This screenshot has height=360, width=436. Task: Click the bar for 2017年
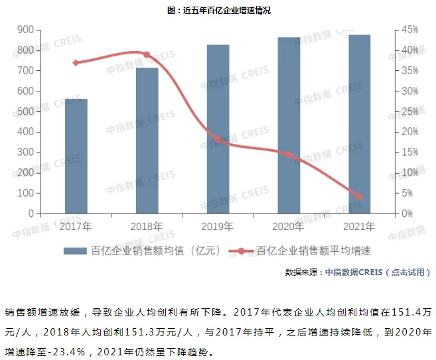click(x=76, y=156)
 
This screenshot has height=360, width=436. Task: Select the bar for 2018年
click(x=147, y=141)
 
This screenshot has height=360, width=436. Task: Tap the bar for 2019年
click(x=218, y=129)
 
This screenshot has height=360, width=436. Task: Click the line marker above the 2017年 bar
click(x=76, y=63)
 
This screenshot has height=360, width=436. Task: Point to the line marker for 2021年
click(x=360, y=196)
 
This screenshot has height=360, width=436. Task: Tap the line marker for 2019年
click(x=218, y=140)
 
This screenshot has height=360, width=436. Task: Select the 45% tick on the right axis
click(x=409, y=30)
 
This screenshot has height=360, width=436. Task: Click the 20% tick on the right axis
click(x=409, y=132)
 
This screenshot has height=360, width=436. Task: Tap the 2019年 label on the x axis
click(x=218, y=227)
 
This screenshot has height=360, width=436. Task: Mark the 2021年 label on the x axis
click(x=360, y=227)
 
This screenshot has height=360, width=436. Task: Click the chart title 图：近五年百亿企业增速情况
click(x=219, y=11)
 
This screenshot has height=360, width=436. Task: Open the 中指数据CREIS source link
click(x=354, y=272)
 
